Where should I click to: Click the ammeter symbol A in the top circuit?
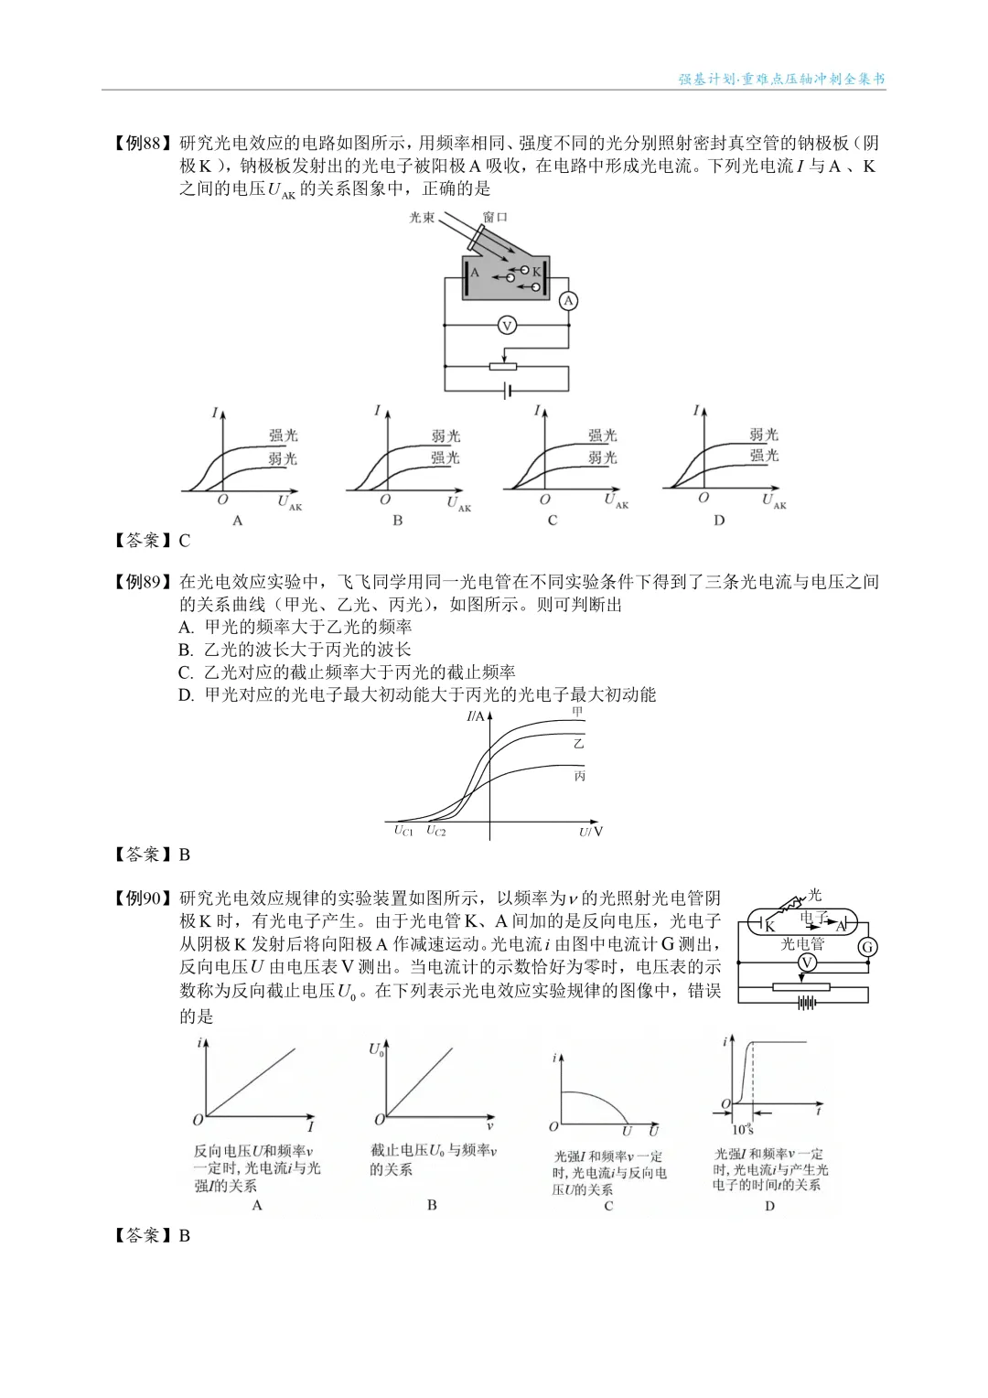pyautogui.click(x=568, y=301)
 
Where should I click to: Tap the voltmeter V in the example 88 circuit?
pyautogui.click(x=506, y=325)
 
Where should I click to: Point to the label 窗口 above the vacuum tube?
pyautogui.click(x=495, y=217)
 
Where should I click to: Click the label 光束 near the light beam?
pyautogui.click(x=422, y=218)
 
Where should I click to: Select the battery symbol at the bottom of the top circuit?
pyautogui.click(x=506, y=391)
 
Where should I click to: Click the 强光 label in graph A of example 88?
pyautogui.click(x=283, y=436)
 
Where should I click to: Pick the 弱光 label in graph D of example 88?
pyautogui.click(x=764, y=435)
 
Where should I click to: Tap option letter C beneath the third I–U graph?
pyautogui.click(x=553, y=520)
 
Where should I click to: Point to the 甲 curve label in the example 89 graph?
pyautogui.click(x=577, y=711)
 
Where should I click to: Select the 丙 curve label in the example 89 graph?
pyautogui.click(x=579, y=776)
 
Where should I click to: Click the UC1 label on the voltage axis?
pyautogui.click(x=403, y=831)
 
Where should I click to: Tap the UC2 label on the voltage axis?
pyautogui.click(x=435, y=831)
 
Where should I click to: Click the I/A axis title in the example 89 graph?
pyautogui.click(x=476, y=716)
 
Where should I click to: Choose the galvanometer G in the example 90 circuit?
pyautogui.click(x=867, y=947)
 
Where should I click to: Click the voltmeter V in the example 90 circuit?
pyautogui.click(x=807, y=962)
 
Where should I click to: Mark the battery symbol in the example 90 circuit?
pyautogui.click(x=806, y=1003)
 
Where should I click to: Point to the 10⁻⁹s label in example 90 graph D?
pyautogui.click(x=742, y=1129)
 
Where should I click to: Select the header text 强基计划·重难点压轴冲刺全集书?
pyautogui.click(x=781, y=80)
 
